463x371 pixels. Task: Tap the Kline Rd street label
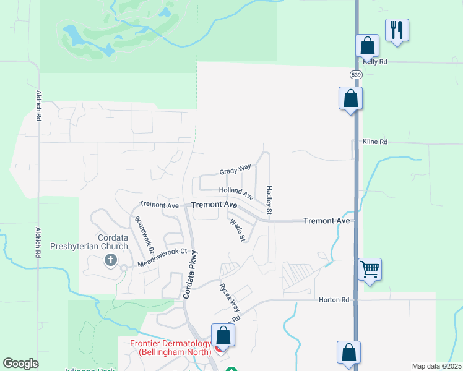point(375,142)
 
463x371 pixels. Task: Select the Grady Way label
point(235,169)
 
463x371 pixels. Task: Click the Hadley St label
point(269,200)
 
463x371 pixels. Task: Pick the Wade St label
point(238,229)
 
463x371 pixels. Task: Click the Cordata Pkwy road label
point(189,274)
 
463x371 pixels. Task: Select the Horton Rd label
point(334,300)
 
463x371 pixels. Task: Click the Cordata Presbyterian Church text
point(113,242)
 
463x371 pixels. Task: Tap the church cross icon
point(111,260)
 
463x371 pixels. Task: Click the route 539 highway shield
point(355,75)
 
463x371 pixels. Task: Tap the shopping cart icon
point(370,269)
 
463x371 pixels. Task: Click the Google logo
point(21,364)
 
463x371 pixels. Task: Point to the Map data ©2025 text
point(436,366)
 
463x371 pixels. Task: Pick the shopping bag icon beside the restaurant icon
point(367,45)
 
